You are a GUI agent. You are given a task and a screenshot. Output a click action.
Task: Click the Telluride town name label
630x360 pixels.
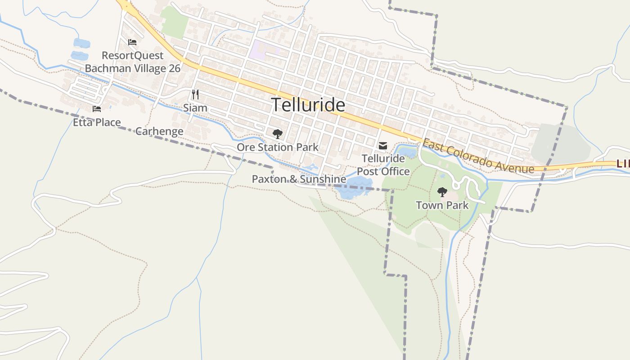308,105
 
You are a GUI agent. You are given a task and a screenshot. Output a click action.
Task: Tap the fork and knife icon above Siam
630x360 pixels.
195,94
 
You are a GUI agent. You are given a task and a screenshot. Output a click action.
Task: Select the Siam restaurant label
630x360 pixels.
195,108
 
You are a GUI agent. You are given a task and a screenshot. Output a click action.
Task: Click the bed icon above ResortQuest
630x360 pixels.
132,42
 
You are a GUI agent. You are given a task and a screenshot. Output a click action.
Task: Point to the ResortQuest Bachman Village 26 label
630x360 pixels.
133,62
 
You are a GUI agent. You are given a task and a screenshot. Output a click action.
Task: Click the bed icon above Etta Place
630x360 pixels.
97,108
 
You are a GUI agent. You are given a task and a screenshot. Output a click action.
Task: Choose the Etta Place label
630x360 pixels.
97,122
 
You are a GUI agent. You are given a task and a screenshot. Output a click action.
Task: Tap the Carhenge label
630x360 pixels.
159,131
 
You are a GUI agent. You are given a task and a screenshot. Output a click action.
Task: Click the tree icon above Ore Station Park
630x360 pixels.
278,134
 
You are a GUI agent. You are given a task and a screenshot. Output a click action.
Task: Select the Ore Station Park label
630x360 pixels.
278,147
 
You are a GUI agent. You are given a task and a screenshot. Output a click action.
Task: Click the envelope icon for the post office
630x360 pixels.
383,146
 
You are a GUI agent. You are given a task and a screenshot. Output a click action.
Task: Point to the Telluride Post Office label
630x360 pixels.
383,165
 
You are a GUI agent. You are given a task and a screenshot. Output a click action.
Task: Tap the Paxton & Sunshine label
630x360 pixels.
299,179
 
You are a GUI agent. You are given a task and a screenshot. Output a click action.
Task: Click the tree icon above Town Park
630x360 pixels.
442,192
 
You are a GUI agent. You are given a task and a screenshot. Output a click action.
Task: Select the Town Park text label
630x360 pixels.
442,206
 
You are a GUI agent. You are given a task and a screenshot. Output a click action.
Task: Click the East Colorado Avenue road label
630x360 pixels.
478,157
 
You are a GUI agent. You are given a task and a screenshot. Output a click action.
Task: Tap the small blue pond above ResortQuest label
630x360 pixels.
81,43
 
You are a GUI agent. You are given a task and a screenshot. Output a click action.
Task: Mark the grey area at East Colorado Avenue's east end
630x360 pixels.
560,142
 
